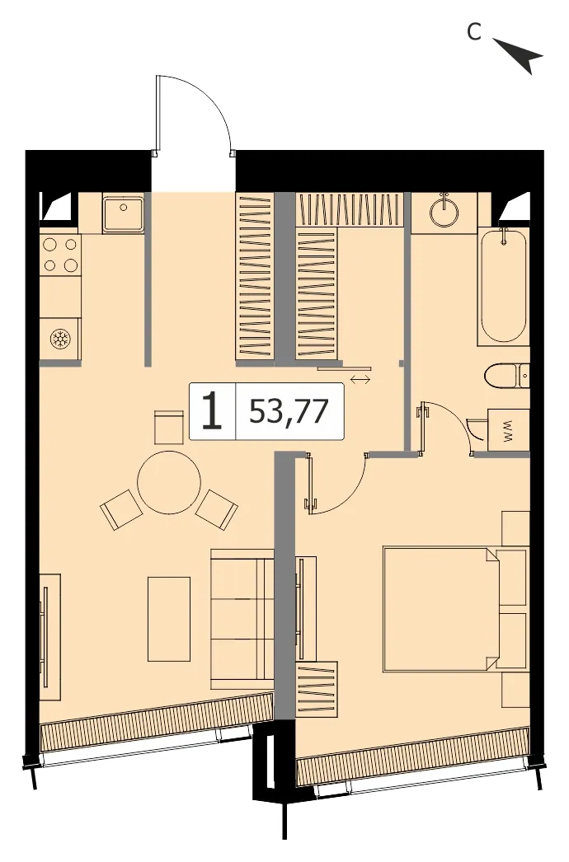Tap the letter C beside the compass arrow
click(x=474, y=32)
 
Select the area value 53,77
click(x=289, y=411)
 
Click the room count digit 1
click(x=212, y=412)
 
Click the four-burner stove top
click(x=60, y=255)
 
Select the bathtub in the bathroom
click(x=503, y=286)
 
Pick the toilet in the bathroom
click(x=507, y=376)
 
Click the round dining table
click(x=169, y=482)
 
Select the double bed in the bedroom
click(x=454, y=608)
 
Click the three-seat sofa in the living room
click(x=242, y=619)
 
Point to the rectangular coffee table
click(x=169, y=618)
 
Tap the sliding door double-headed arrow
click(x=360, y=379)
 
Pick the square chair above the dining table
click(x=168, y=427)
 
